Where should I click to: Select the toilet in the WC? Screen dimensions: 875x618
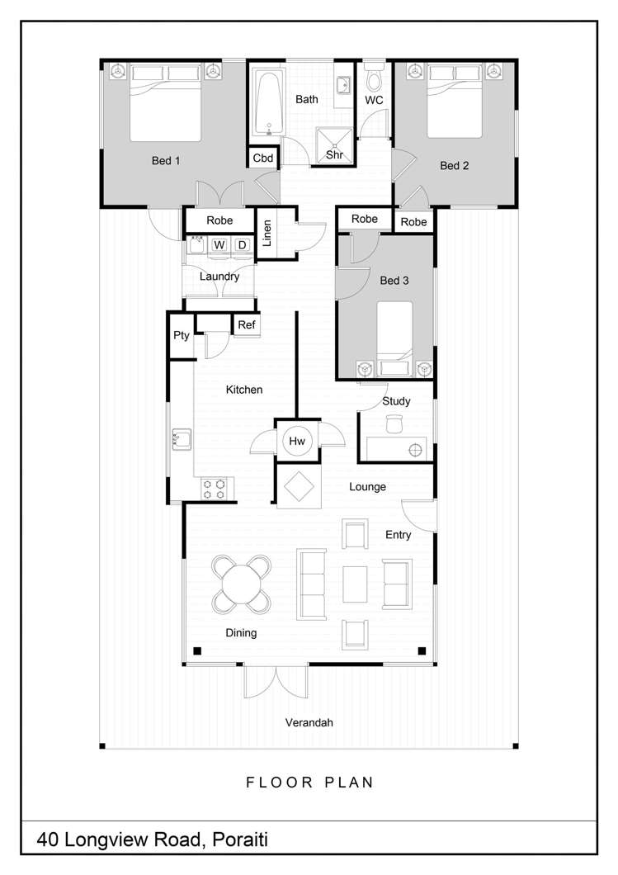click(x=374, y=82)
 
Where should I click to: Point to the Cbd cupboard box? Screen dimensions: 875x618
click(x=263, y=158)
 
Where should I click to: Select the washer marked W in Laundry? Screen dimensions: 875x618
click(x=219, y=245)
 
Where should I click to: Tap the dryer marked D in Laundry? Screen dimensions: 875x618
click(x=242, y=245)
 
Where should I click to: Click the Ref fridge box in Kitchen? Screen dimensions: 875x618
click(x=247, y=325)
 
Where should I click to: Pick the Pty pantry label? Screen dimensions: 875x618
click(x=181, y=336)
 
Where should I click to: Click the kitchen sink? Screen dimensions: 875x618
click(x=181, y=440)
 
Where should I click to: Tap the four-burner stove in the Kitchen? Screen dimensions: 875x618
click(x=215, y=490)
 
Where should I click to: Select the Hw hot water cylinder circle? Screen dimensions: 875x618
click(x=297, y=442)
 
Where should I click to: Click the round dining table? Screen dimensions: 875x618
click(x=242, y=584)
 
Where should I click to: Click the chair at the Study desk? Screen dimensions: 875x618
click(x=393, y=423)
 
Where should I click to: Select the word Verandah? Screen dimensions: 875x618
click(x=309, y=722)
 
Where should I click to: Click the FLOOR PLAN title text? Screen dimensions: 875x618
click(x=309, y=782)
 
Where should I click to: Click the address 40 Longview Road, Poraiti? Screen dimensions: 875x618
click(x=153, y=841)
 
